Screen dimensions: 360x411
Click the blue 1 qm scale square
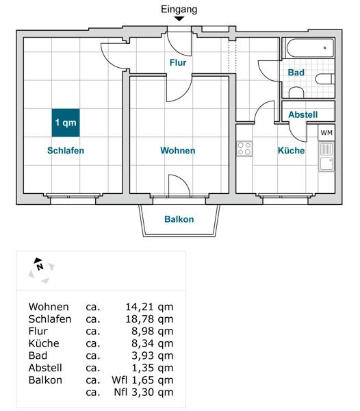66,123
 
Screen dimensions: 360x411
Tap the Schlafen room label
66,151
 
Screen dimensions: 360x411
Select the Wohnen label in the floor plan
178,151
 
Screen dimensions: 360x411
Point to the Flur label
178,62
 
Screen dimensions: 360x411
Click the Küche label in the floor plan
291,151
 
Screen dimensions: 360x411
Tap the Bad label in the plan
296,73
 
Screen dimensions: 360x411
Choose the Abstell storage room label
303,114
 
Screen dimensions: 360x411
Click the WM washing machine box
326,133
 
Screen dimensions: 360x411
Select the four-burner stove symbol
244,149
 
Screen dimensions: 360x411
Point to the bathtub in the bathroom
310,48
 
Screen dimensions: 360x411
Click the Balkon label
179,219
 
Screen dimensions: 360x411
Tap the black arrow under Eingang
179,19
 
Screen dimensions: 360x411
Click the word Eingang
179,10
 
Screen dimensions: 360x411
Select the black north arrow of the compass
38,260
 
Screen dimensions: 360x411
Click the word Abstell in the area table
45,368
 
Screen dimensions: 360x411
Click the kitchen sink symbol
326,157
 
